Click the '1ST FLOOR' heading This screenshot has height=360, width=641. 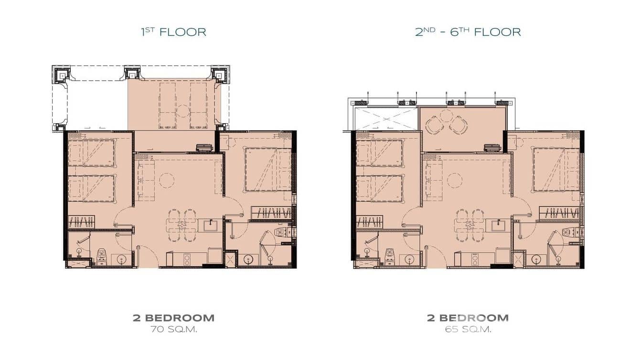(173, 32)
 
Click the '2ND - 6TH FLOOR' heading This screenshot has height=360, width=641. (468, 32)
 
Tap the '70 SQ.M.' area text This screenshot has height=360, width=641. (173, 329)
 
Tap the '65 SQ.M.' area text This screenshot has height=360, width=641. (468, 329)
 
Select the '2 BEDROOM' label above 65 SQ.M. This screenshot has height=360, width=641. (468, 318)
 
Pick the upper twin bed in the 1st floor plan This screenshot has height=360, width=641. (91, 153)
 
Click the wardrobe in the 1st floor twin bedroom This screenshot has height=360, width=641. (81, 221)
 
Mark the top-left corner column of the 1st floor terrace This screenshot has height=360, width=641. (61, 74)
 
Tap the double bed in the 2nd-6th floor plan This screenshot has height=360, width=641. (556, 169)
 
